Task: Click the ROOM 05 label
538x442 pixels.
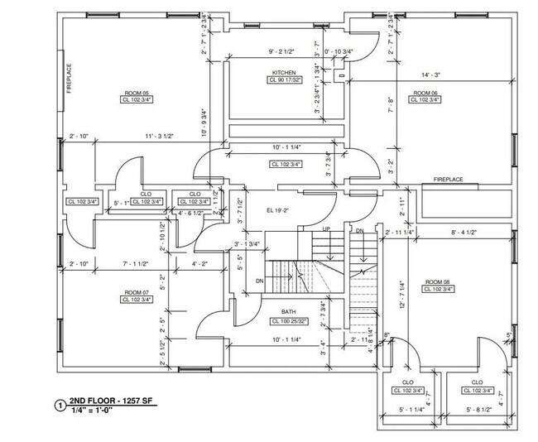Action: (x=137, y=92)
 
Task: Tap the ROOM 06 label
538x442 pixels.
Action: (x=423, y=92)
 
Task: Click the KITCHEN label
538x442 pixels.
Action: (x=282, y=73)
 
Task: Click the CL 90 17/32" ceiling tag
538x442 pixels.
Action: (x=282, y=81)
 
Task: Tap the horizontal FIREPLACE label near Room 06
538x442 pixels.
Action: (x=442, y=180)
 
